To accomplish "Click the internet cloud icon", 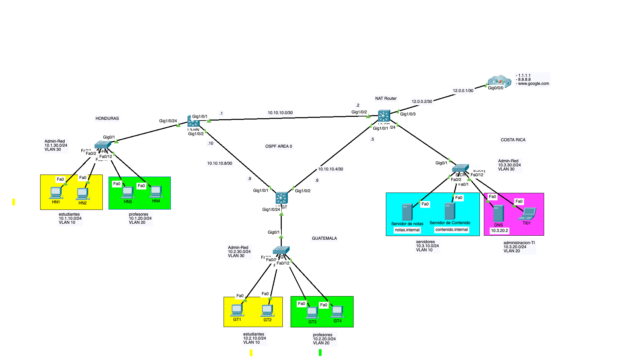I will click(499, 81).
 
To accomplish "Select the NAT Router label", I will click(386, 98).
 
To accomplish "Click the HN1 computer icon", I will click(55, 193).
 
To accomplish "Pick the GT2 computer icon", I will click(267, 310).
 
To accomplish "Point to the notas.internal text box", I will click(407, 230).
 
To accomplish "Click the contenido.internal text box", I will click(452, 230).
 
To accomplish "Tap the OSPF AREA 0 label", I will click(278, 146).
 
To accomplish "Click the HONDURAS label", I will click(107, 119).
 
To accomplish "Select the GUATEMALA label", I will click(324, 238).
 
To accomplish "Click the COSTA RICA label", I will click(513, 140).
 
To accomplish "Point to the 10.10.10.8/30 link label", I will click(219, 163).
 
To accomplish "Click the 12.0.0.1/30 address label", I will click(463, 91).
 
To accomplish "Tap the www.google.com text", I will click(533, 84).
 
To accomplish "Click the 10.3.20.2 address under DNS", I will click(499, 231).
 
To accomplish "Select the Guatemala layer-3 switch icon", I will click(281, 198).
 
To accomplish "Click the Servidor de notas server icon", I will click(407, 212).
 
